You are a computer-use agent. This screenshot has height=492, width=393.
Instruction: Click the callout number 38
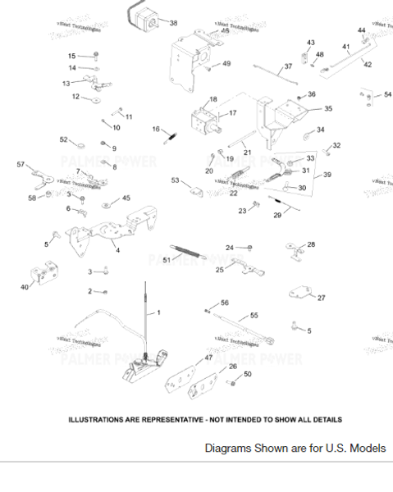[173, 24]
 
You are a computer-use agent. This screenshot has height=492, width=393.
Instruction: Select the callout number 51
[167, 260]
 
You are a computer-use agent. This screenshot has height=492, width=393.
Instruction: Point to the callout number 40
[25, 287]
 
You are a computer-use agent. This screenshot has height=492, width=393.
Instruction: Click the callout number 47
[208, 358]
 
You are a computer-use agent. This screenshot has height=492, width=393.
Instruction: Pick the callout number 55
[254, 315]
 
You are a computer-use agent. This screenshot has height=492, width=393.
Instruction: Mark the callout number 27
[321, 298]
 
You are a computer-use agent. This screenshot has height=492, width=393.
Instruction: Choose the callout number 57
[21, 165]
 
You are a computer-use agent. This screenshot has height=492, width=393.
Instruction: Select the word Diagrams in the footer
[227, 449]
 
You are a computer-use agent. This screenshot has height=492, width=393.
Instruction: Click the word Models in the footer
[365, 449]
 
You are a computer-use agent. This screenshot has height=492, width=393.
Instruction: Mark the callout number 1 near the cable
[159, 312]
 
